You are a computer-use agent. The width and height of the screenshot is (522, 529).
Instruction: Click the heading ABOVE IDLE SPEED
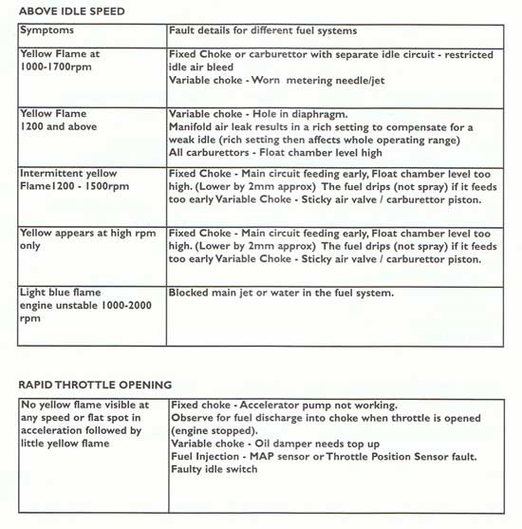pos(71,10)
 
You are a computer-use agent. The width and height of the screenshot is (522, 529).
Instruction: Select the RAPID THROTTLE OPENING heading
pos(95,385)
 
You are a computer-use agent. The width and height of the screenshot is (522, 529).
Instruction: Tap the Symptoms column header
pos(47,31)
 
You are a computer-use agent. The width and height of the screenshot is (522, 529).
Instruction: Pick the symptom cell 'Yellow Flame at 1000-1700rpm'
pos(60,62)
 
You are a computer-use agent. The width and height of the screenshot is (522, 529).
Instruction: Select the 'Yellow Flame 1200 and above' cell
pos(55,119)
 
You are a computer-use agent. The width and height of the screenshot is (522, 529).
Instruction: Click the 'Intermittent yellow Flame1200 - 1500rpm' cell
pos(74,180)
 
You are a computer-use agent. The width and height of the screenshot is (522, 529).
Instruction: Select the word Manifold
pos(192,126)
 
